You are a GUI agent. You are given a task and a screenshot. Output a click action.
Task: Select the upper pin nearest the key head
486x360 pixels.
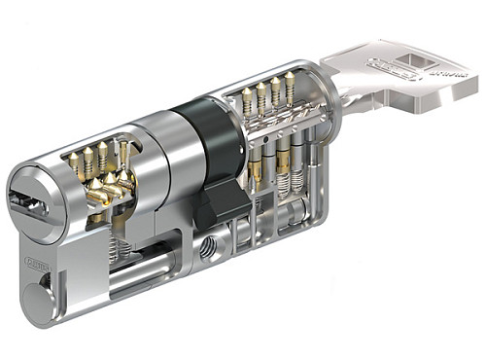click(288, 89)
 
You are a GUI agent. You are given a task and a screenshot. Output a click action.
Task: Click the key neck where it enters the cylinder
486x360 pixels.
click(335, 97)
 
